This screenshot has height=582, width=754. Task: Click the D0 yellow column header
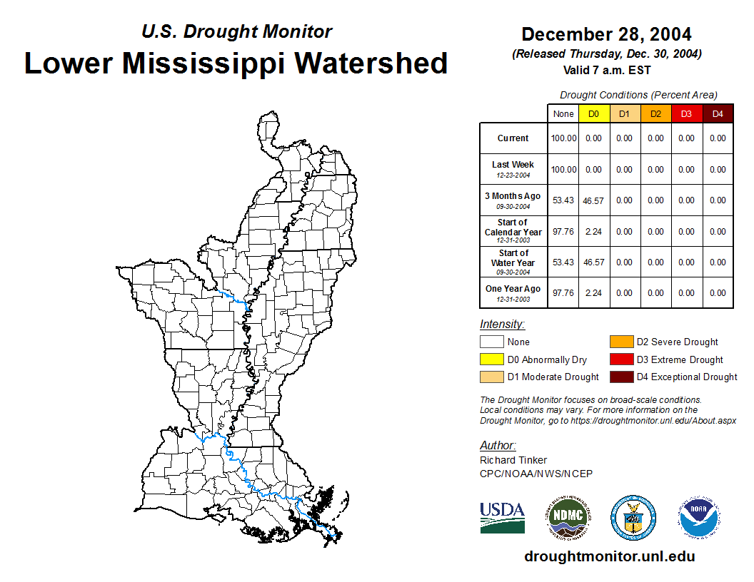(x=594, y=114)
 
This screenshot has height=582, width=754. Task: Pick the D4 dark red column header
(x=718, y=114)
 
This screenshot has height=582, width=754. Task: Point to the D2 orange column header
(x=655, y=114)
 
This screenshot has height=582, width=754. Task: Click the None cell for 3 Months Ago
(x=563, y=200)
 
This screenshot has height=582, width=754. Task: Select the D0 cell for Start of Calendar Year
(x=594, y=231)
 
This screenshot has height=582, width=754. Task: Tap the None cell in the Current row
(x=563, y=138)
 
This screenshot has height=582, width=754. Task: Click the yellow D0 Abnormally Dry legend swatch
(x=491, y=359)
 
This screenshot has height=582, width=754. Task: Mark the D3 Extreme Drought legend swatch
(x=621, y=359)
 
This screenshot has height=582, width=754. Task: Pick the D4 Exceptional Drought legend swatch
(x=621, y=377)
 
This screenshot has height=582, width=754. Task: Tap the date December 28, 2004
(x=606, y=34)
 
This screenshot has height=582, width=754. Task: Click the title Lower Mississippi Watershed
(x=236, y=63)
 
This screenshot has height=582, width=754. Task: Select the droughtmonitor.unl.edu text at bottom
(x=609, y=556)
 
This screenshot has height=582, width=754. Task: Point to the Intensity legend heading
(x=502, y=324)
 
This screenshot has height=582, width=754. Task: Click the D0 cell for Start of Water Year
(x=594, y=262)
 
